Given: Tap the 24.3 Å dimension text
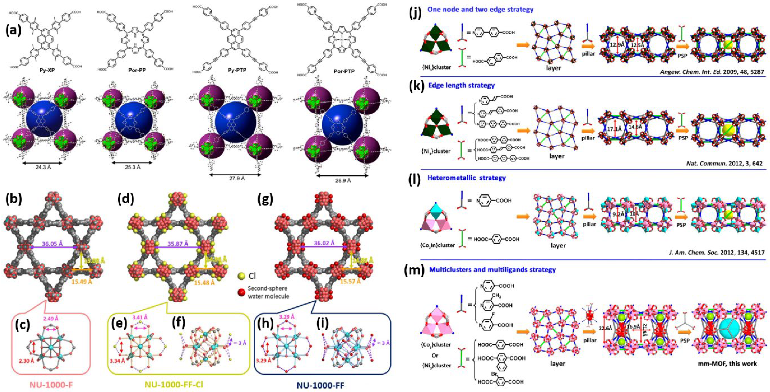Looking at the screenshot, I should (x=42, y=167).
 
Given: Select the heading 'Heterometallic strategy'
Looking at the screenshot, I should (x=467, y=178).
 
